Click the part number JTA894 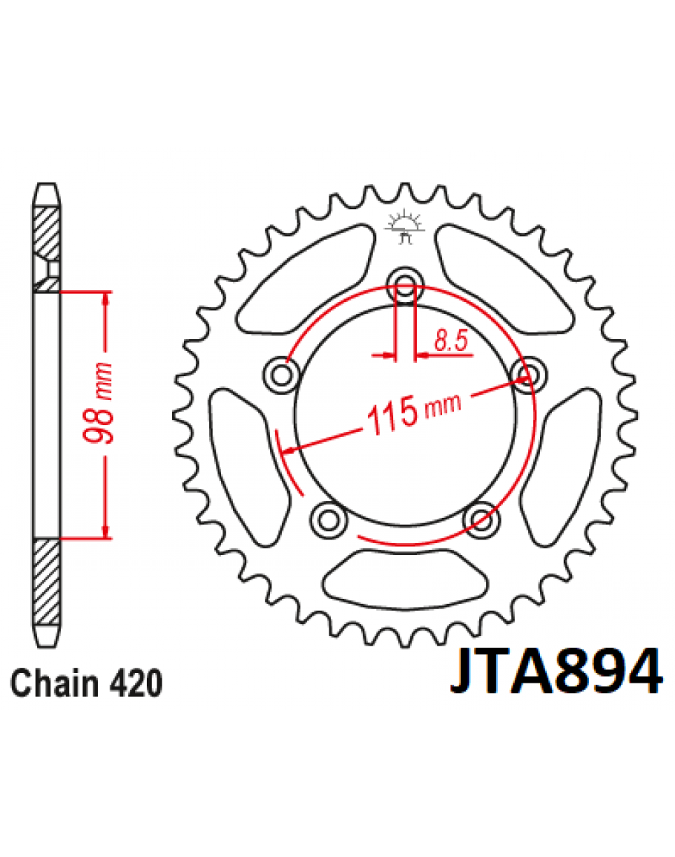point(556,671)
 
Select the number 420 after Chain point(136,683)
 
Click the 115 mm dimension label point(415,412)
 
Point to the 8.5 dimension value point(452,340)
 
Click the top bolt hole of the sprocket point(405,284)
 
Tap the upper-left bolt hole point(281,375)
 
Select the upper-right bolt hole point(528,375)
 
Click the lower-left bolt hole point(329,519)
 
